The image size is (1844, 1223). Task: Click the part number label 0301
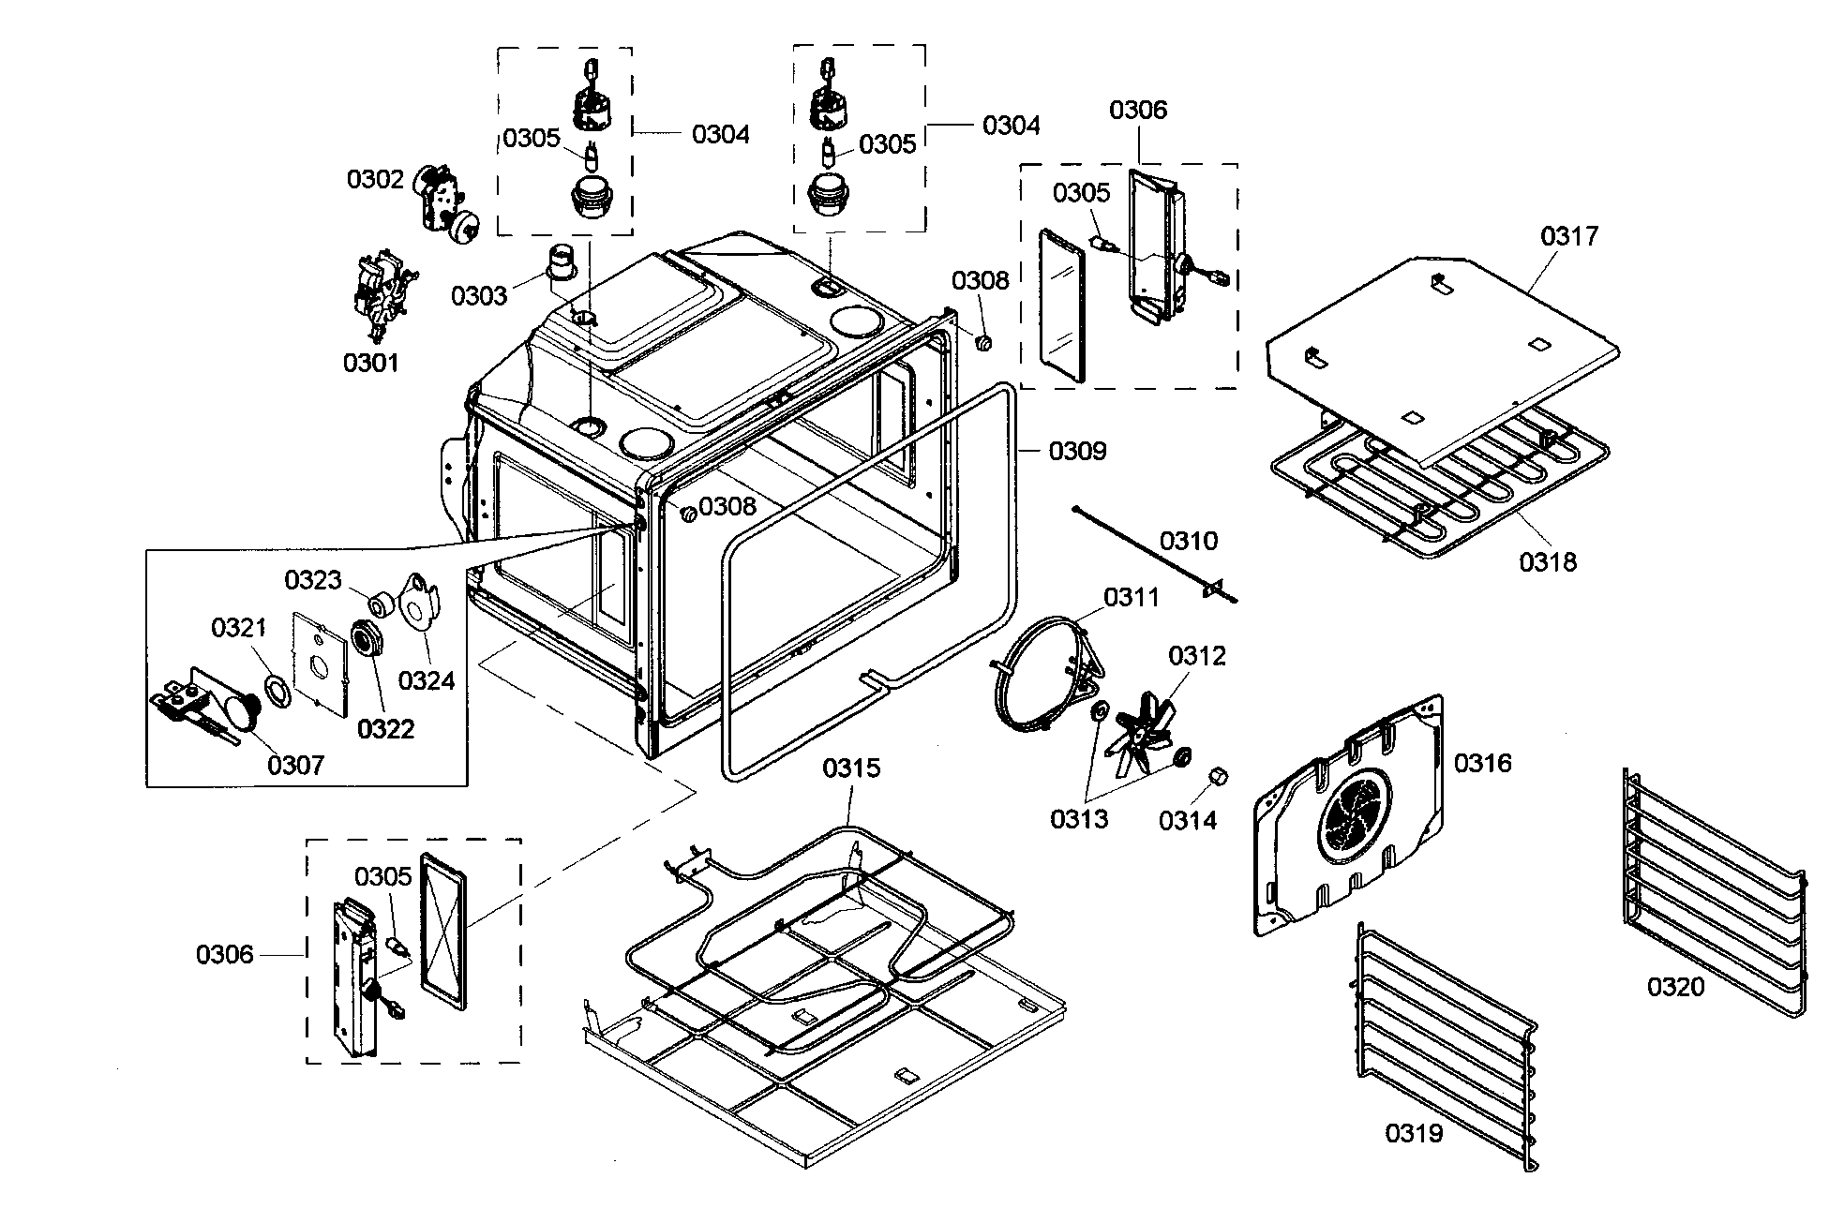coord(370,363)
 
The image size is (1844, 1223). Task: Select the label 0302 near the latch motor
coord(375,179)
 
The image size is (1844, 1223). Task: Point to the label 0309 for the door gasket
coord(1077,451)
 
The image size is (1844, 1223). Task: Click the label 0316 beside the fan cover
coord(1482,763)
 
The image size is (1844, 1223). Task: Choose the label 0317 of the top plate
coord(1569,235)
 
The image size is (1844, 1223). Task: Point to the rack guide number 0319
coord(1414,1133)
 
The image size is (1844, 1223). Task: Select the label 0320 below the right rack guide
coord(1675,986)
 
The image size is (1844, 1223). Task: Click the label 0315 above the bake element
coord(851,768)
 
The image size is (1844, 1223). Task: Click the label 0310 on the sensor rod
coord(1189,541)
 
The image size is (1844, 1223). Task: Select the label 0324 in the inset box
coord(427,680)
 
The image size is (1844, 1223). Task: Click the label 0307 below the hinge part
coord(295,765)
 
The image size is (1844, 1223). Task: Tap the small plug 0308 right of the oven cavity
coord(984,344)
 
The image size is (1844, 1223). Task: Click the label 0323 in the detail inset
coord(313,580)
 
